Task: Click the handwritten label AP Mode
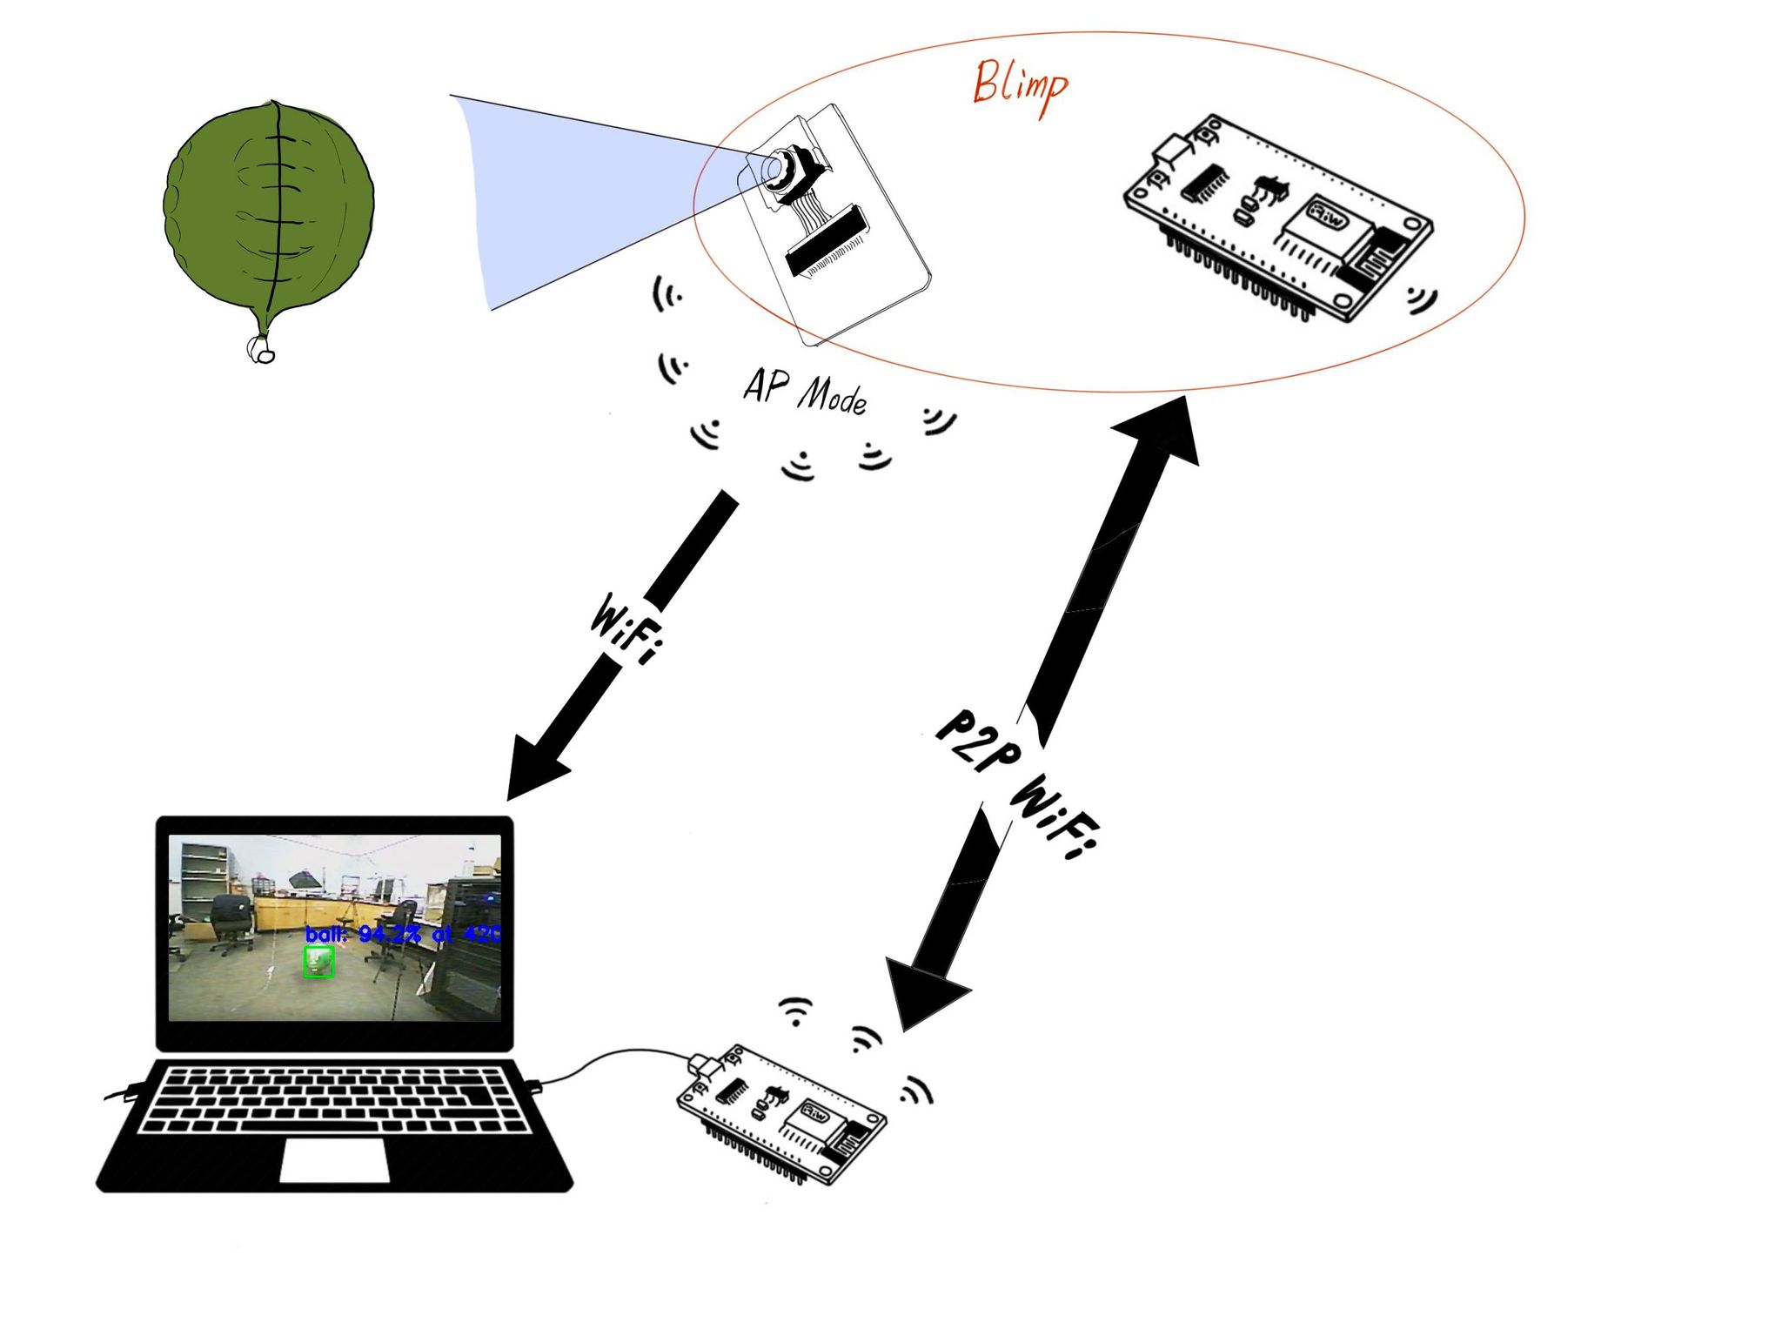[x=805, y=393]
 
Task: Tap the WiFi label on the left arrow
[x=625, y=629]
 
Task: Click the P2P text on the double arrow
[x=977, y=741]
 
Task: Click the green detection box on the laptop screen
[x=318, y=962]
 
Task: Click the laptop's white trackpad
[x=334, y=1161]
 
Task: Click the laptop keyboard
[x=335, y=1100]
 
